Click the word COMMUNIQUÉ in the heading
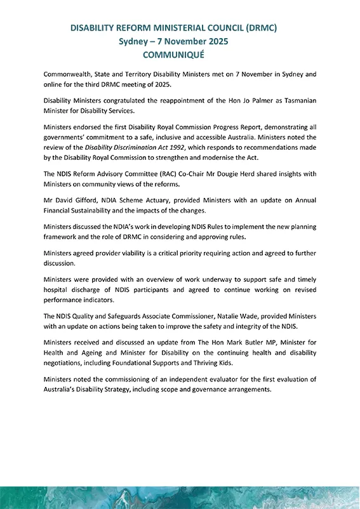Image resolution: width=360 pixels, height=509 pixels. (180, 55)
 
